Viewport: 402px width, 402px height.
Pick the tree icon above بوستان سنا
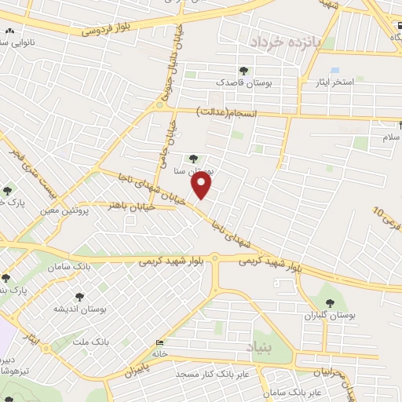click(x=193, y=159)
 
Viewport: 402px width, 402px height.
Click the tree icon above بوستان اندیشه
click(x=79, y=297)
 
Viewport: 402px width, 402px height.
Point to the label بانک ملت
click(x=88, y=342)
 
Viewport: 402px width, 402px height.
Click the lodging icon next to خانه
click(x=160, y=342)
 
